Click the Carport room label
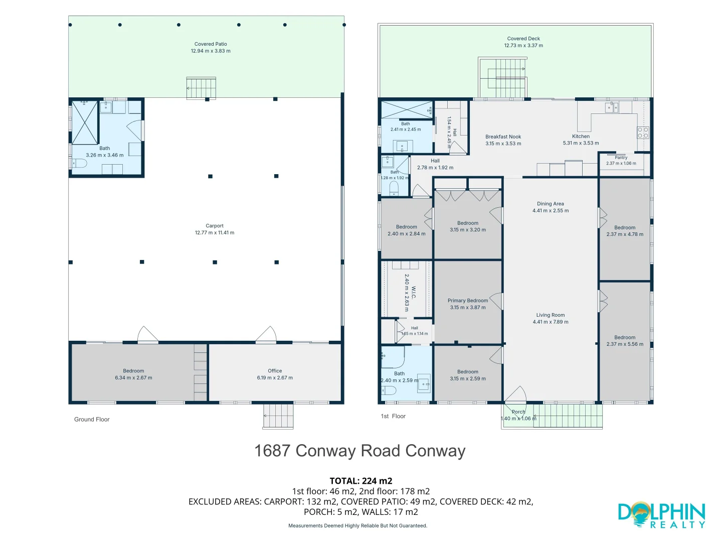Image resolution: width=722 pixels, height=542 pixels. coord(215,226)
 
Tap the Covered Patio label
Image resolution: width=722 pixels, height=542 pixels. coord(211,44)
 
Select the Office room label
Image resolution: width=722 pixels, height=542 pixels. coord(275,371)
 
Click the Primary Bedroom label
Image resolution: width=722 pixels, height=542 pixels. coord(468,301)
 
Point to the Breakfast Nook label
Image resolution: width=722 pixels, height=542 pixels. coord(503,137)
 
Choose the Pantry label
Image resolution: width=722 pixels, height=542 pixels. coord(621,158)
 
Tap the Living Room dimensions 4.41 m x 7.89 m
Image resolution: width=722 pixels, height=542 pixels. coord(551,322)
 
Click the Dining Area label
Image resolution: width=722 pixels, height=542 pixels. coord(551,204)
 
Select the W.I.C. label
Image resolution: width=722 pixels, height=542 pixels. coord(414,293)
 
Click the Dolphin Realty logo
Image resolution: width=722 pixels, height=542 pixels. coord(661,515)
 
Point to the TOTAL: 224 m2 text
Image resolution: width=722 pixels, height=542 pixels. coord(361,481)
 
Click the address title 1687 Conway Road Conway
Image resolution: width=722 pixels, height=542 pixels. coord(360,451)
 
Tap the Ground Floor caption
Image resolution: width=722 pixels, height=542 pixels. coord(92,419)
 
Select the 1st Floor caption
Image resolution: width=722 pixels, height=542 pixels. coord(393,416)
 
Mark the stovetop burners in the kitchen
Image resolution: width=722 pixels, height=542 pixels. coord(643,132)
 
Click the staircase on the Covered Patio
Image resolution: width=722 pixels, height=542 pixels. coord(201,88)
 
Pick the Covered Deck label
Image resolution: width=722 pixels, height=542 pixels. coord(523,39)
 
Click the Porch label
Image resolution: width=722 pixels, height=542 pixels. coord(518,412)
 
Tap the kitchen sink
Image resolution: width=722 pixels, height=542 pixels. coord(612,107)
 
